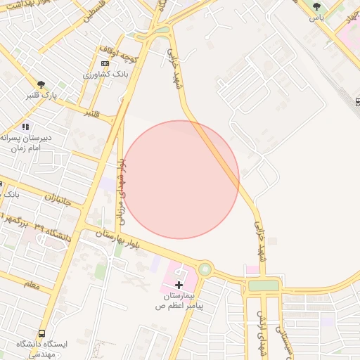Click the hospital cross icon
tap(179, 285)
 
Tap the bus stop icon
tap(41, 333)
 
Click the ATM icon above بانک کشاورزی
tap(105, 63)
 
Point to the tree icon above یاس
tap(316, 6)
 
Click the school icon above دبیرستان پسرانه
tap(26, 127)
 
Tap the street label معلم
tap(32, 284)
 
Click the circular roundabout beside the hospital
tap(205, 269)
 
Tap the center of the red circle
tap(180, 179)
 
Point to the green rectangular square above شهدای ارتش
tap(264, 285)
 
